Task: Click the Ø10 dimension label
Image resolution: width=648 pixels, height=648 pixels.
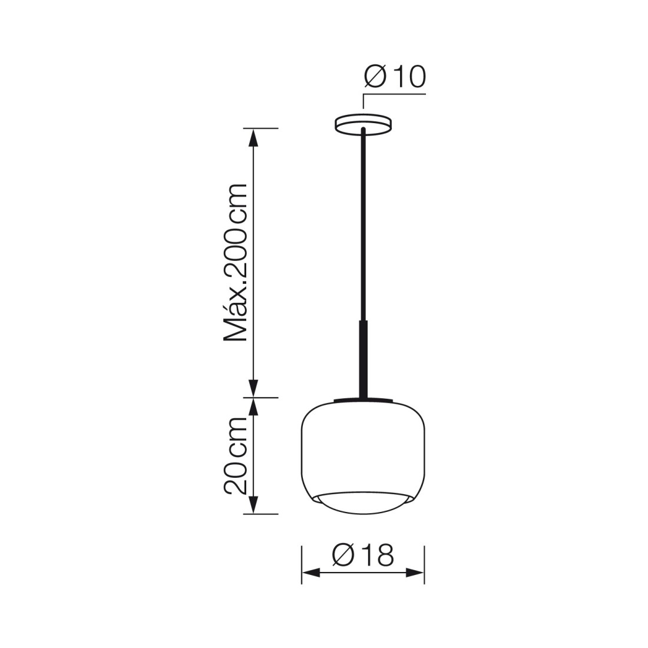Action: [x=395, y=77]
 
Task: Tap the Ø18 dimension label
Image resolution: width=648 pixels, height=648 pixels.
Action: [x=363, y=555]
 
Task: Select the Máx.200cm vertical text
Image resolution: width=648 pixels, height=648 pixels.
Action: [x=236, y=262]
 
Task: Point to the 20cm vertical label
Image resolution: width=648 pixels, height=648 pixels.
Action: [x=236, y=455]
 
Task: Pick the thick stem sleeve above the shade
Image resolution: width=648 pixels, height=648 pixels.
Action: [x=363, y=359]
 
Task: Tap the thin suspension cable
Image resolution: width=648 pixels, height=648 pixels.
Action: [x=363, y=223]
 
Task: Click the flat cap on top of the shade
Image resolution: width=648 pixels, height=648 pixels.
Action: [x=363, y=400]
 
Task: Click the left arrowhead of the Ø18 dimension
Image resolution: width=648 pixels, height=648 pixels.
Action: [x=311, y=573]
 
